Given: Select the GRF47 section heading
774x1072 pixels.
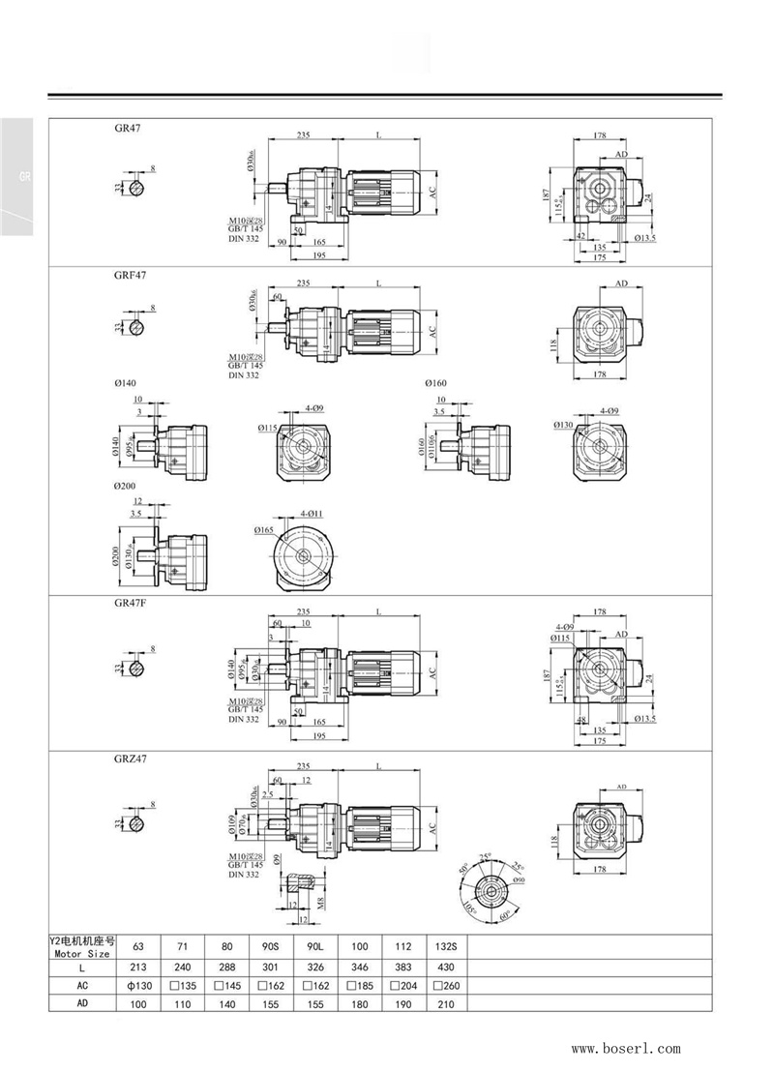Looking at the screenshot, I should pos(130,274).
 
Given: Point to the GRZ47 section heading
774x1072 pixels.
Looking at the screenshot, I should pos(130,759).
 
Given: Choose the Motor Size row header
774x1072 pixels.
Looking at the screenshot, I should pos(81,947).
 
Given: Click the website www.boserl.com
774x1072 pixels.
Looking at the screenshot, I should pos(625,1048).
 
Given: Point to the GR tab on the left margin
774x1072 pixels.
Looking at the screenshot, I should pos(25,178).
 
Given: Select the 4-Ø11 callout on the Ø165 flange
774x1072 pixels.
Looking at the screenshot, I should pos(312,513).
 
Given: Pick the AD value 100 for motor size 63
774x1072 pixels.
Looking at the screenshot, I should pos(140,1004).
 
